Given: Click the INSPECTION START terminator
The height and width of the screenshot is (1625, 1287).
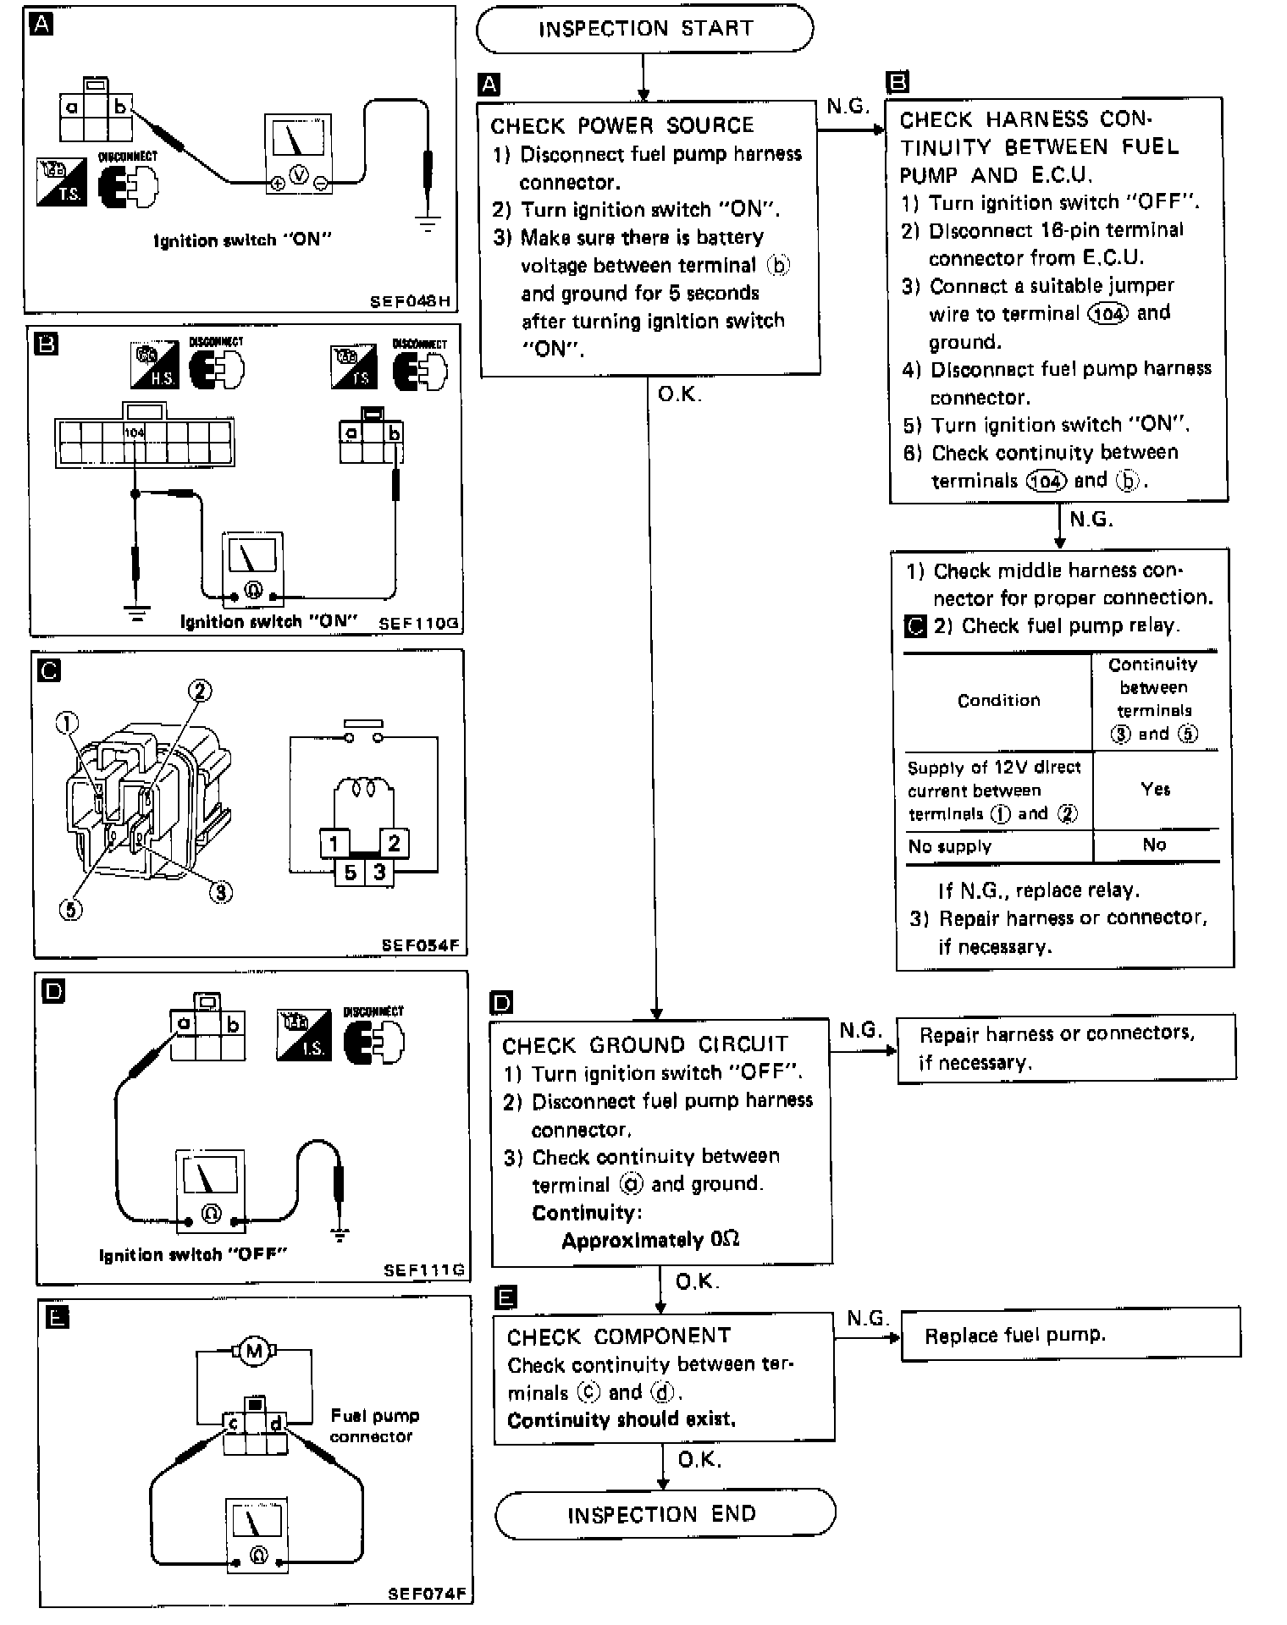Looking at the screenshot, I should click(x=644, y=29).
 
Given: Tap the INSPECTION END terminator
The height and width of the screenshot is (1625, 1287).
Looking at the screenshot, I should click(x=664, y=1514).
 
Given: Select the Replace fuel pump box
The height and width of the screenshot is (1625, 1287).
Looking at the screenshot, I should click(x=1069, y=1336).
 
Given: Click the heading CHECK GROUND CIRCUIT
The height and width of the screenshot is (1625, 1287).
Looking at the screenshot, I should click(x=645, y=1045).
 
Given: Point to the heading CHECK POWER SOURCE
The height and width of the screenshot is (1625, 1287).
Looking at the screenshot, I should click(x=621, y=126).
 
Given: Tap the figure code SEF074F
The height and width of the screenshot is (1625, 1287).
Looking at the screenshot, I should click(x=427, y=1594).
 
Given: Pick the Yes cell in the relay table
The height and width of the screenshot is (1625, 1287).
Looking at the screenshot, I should click(x=1155, y=790).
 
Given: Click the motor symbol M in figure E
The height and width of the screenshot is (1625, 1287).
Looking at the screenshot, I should click(x=253, y=1352).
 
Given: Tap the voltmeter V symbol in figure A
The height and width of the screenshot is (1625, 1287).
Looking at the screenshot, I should click(x=299, y=174).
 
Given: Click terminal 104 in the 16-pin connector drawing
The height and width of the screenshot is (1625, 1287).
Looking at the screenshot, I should click(x=135, y=432).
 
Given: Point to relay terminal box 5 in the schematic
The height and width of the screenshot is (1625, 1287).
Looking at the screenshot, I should click(x=351, y=872).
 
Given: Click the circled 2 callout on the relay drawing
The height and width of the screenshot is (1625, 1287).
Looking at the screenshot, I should click(x=200, y=691).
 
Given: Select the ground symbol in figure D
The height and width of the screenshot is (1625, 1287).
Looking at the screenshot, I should click(x=340, y=1235).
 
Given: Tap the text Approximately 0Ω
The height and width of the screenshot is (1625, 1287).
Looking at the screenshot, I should click(x=650, y=1240).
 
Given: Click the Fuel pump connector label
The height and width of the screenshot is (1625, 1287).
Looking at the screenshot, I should click(x=373, y=1425).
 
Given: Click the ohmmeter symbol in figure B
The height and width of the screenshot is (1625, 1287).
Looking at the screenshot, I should click(x=252, y=590).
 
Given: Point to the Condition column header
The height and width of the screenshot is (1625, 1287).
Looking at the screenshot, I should click(x=998, y=700).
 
